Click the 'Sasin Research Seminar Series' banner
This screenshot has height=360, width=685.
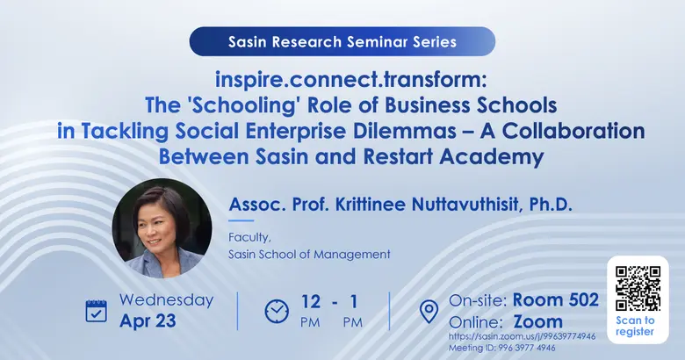click(342, 41)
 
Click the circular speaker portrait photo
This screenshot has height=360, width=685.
click(162, 228)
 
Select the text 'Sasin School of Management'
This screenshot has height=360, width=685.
click(308, 254)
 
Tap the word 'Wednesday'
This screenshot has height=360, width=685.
click(166, 299)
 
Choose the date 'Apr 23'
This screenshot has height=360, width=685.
click(148, 321)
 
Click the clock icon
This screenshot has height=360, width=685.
click(277, 311)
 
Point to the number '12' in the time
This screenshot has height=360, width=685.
click(310, 301)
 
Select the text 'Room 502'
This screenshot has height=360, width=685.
click(556, 300)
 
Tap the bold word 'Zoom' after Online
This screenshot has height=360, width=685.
click(538, 321)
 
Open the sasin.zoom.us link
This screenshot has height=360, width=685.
click(522, 335)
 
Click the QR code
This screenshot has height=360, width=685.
click(638, 289)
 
